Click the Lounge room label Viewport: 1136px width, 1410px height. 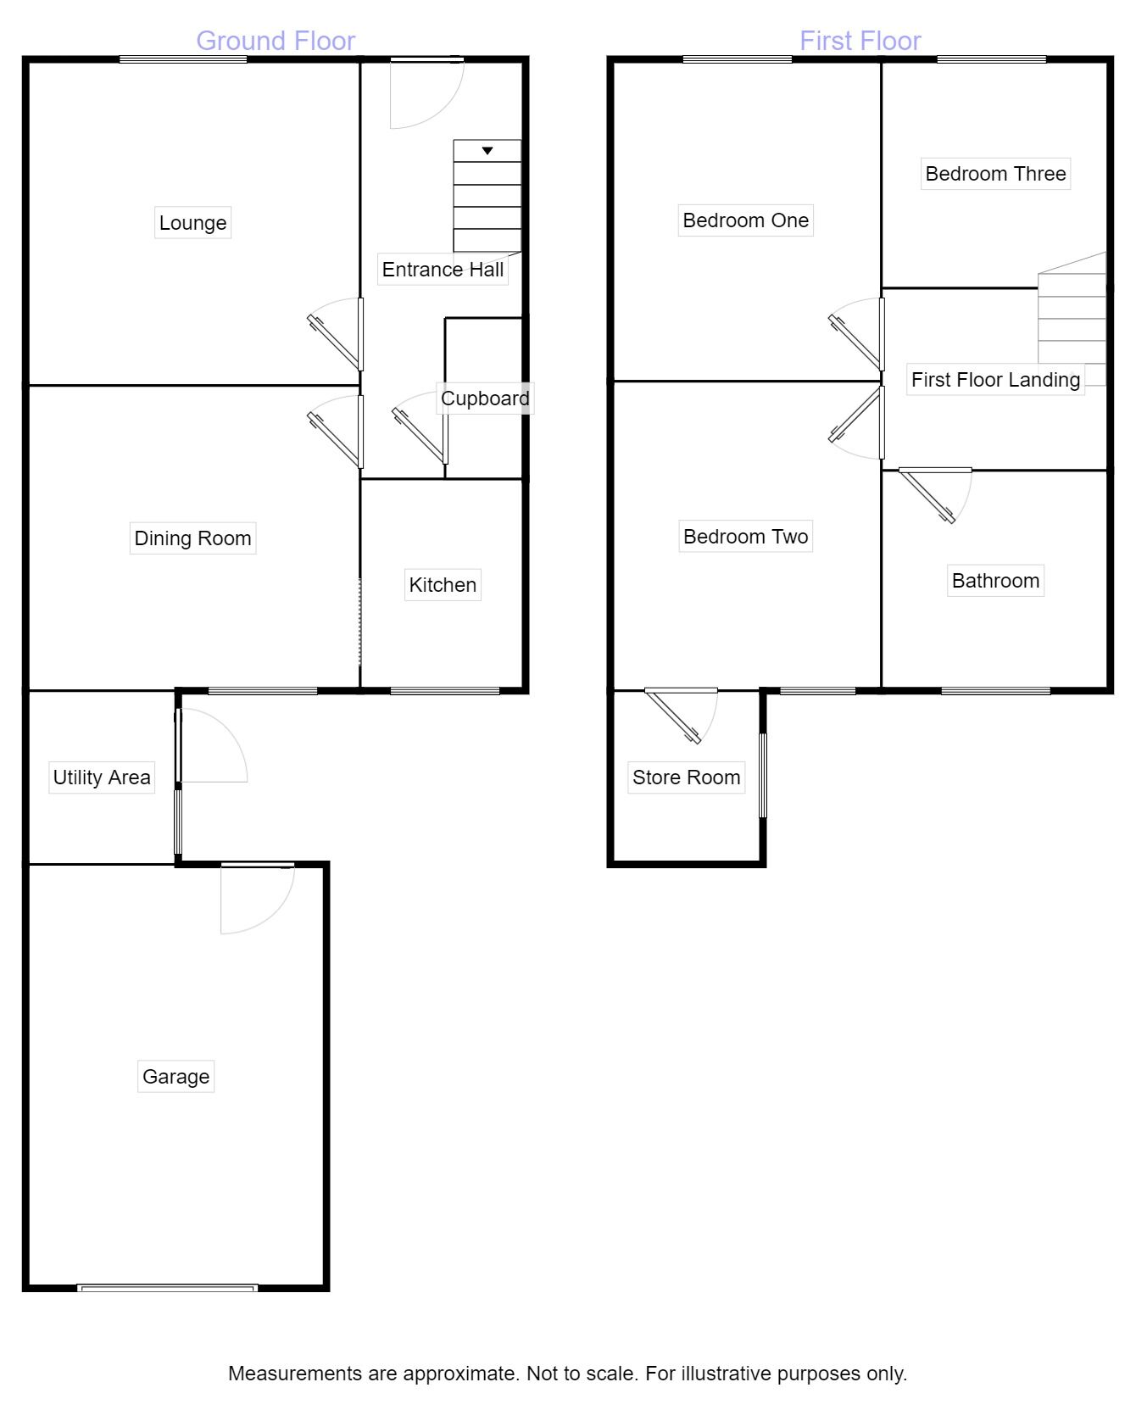click(192, 223)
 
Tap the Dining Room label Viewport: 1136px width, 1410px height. click(192, 538)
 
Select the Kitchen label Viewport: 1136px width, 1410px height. click(443, 585)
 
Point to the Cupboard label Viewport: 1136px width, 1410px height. click(485, 398)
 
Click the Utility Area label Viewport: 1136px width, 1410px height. click(102, 777)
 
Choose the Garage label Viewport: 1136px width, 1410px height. click(175, 1077)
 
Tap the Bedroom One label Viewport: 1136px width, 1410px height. click(745, 220)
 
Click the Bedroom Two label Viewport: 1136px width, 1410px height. click(745, 537)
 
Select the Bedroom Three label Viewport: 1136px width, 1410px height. click(995, 174)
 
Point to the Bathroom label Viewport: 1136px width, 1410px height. click(995, 581)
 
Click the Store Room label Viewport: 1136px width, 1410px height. click(686, 777)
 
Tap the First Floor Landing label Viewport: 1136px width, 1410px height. click(995, 380)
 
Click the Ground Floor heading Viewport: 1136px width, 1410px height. click(276, 41)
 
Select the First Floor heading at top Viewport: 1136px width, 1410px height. click(860, 41)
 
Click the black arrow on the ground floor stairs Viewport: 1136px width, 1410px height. click(487, 151)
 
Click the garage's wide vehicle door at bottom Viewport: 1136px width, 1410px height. click(167, 1288)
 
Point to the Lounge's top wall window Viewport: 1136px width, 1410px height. click(183, 59)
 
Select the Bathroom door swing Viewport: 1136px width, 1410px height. click(937, 496)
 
